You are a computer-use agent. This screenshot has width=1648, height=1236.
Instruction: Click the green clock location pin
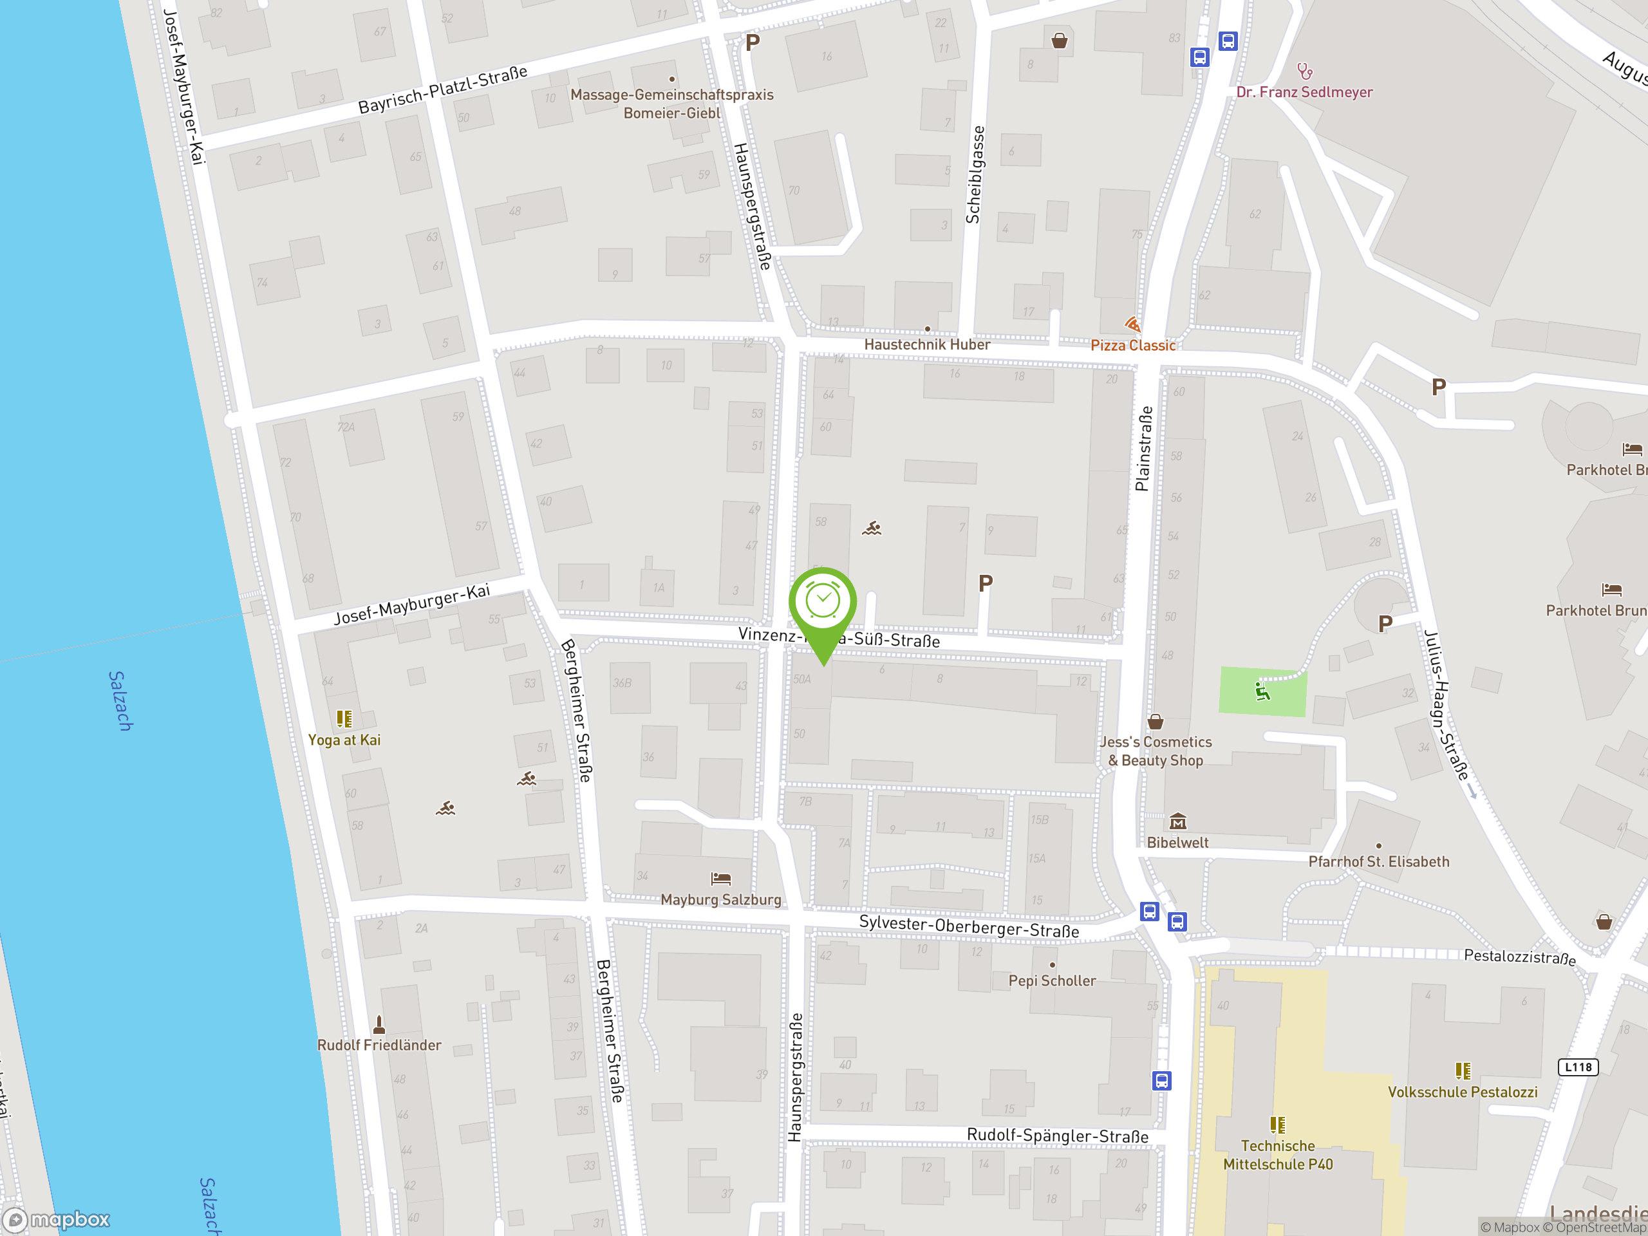[823, 603]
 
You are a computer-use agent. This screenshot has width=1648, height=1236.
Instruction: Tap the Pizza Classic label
[1132, 345]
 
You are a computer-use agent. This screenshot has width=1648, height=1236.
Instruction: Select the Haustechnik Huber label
[927, 344]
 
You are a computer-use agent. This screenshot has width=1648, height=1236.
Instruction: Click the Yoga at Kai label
[344, 740]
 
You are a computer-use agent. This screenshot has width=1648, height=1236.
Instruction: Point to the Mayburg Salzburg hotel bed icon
[720, 879]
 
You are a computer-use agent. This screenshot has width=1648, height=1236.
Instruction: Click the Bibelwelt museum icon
[1177, 822]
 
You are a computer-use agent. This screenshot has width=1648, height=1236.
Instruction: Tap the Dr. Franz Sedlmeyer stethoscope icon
[1304, 71]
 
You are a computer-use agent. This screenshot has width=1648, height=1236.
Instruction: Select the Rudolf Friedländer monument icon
[379, 1025]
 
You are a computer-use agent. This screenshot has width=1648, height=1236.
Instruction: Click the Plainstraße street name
[1143, 449]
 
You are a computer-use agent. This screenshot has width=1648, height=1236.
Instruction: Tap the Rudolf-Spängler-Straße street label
[1057, 1136]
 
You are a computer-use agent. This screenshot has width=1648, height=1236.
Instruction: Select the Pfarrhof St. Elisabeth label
[1378, 861]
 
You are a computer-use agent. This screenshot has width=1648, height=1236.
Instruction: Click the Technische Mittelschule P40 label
[1278, 1155]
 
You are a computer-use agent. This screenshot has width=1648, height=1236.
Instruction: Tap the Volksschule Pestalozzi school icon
[1463, 1071]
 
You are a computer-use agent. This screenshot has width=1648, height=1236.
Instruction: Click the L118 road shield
[1577, 1067]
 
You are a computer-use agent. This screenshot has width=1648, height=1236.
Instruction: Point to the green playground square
[1262, 692]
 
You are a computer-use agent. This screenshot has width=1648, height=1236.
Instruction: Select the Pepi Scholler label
[1052, 980]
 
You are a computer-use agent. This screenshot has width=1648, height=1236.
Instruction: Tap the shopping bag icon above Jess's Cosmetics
[1155, 721]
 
